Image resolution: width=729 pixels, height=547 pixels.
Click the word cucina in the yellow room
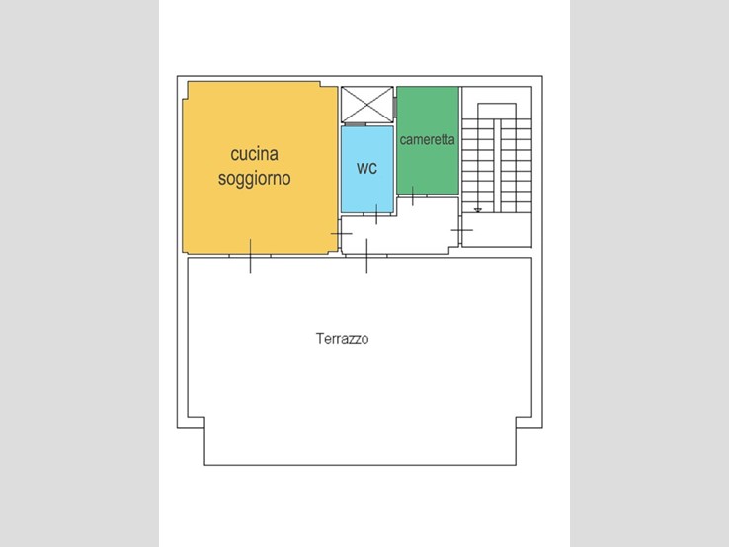[254, 154]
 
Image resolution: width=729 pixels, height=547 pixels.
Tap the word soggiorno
[254, 179]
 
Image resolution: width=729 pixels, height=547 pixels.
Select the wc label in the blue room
[366, 168]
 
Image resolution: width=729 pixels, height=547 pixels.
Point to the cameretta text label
[428, 139]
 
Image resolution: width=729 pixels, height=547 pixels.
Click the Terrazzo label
[342, 339]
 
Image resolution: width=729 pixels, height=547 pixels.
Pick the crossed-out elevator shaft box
[366, 105]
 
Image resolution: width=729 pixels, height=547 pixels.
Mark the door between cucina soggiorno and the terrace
[251, 256]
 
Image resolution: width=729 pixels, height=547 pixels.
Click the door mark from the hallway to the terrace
[366, 256]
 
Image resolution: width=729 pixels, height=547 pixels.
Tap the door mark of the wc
[376, 214]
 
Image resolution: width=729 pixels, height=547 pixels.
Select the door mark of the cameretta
[413, 195]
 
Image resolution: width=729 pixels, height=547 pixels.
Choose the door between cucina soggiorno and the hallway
[341, 233]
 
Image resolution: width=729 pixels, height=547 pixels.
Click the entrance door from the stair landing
[461, 230]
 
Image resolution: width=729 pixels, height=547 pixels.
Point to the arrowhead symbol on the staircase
[478, 210]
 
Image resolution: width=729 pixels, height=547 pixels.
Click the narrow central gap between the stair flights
[497, 166]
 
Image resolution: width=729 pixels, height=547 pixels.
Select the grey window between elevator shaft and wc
[356, 124]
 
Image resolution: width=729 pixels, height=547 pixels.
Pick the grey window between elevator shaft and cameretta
[395, 106]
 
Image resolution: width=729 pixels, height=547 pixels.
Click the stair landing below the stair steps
[497, 230]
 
